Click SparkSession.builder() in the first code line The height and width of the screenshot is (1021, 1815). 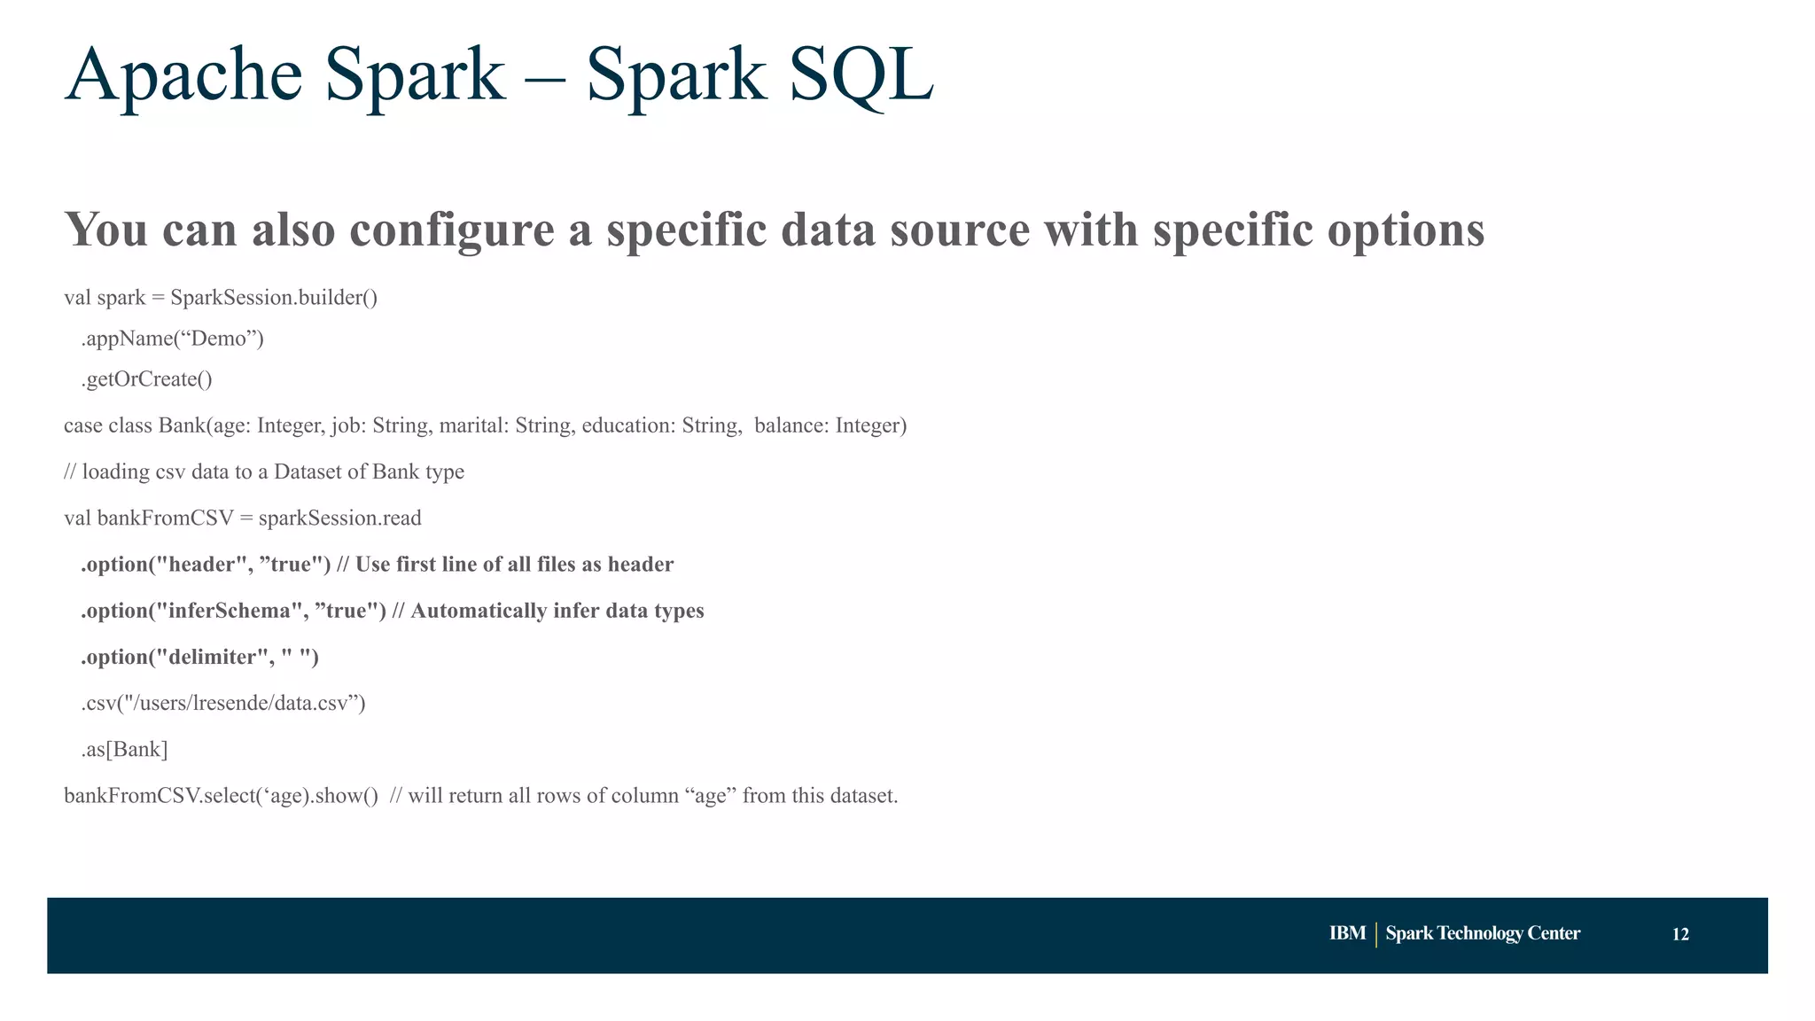click(274, 298)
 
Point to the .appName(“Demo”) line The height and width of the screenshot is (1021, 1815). click(173, 339)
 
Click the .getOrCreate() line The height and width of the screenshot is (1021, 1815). click(147, 379)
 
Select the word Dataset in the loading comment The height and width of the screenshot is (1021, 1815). click(308, 472)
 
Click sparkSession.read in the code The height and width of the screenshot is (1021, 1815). click(339, 518)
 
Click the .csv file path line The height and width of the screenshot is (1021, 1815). click(223, 704)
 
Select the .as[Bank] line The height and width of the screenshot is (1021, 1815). click(125, 750)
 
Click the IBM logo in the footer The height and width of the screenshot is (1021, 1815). click(1347, 933)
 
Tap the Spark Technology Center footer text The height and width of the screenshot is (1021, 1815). click(1483, 933)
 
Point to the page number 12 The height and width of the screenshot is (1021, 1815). click(1680, 934)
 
